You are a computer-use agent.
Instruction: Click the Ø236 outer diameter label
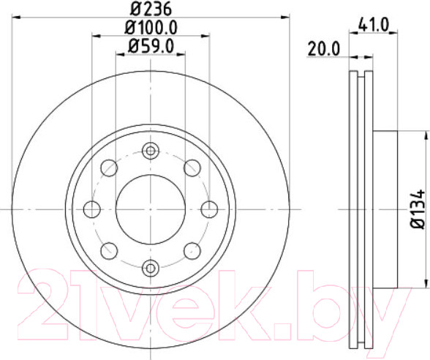pos(151,11)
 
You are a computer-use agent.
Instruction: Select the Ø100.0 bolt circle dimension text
pos(151,29)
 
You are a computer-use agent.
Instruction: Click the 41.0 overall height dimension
pos(374,25)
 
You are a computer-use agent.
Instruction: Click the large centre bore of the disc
pos(151,210)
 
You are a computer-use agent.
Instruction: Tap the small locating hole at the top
pos(151,152)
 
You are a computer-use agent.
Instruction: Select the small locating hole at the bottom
pos(151,267)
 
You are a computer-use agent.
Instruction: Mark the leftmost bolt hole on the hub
pos(92,210)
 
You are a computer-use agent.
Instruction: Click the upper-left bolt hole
pos(110,168)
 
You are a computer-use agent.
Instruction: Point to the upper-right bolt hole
pos(193,168)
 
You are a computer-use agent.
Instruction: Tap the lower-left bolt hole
pos(110,251)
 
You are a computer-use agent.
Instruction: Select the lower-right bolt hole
pos(193,251)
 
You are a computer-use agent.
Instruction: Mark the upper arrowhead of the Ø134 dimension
pos(426,136)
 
